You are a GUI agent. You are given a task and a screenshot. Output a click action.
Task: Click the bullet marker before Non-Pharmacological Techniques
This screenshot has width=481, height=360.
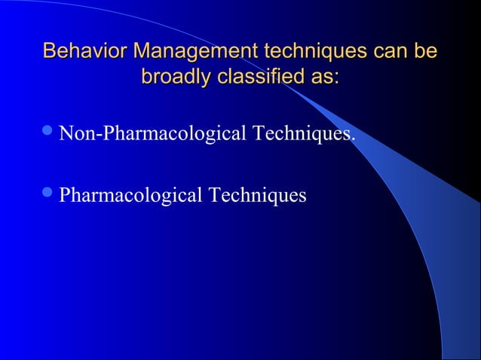coord(49,135)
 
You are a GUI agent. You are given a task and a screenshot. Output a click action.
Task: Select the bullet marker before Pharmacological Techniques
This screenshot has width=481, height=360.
coord(49,195)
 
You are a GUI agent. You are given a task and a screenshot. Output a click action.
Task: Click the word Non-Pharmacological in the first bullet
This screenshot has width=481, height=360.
coord(153,136)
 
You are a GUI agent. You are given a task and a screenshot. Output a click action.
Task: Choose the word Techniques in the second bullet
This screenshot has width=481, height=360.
coord(259,196)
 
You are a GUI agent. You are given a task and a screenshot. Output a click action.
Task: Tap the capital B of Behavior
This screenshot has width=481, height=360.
coord(49,52)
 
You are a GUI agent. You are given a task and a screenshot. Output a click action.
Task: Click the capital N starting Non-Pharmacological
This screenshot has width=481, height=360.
coord(66,135)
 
